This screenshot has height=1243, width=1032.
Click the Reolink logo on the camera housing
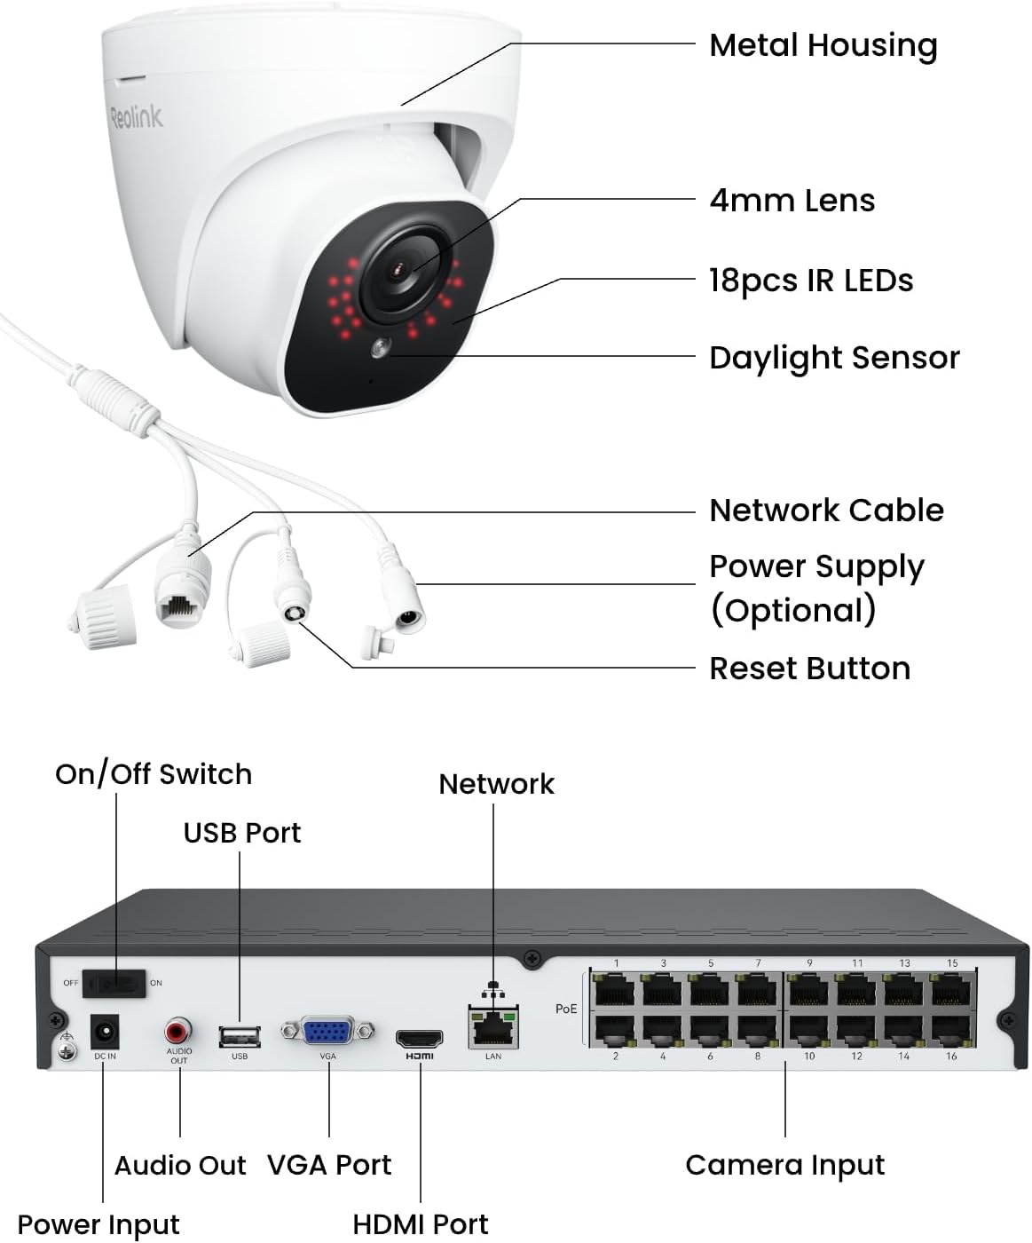(137, 116)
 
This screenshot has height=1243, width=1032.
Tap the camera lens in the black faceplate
(400, 269)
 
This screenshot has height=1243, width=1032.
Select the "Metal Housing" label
(823, 45)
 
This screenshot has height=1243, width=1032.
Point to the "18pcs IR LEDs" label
(810, 281)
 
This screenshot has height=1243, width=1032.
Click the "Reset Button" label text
(809, 669)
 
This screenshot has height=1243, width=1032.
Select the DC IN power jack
(106, 1033)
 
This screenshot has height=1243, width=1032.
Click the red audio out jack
(178, 1032)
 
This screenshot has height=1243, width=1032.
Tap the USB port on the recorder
(240, 1036)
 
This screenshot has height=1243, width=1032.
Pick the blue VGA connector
(327, 1032)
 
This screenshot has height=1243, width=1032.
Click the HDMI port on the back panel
(420, 1038)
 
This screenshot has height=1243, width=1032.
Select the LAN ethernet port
(493, 1030)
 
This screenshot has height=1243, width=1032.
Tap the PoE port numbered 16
(951, 1029)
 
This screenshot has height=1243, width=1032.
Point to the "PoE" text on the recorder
(566, 1009)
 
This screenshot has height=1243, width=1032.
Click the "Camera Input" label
(784, 1165)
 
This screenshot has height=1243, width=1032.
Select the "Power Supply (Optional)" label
(816, 588)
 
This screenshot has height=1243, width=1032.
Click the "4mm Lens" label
(792, 201)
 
